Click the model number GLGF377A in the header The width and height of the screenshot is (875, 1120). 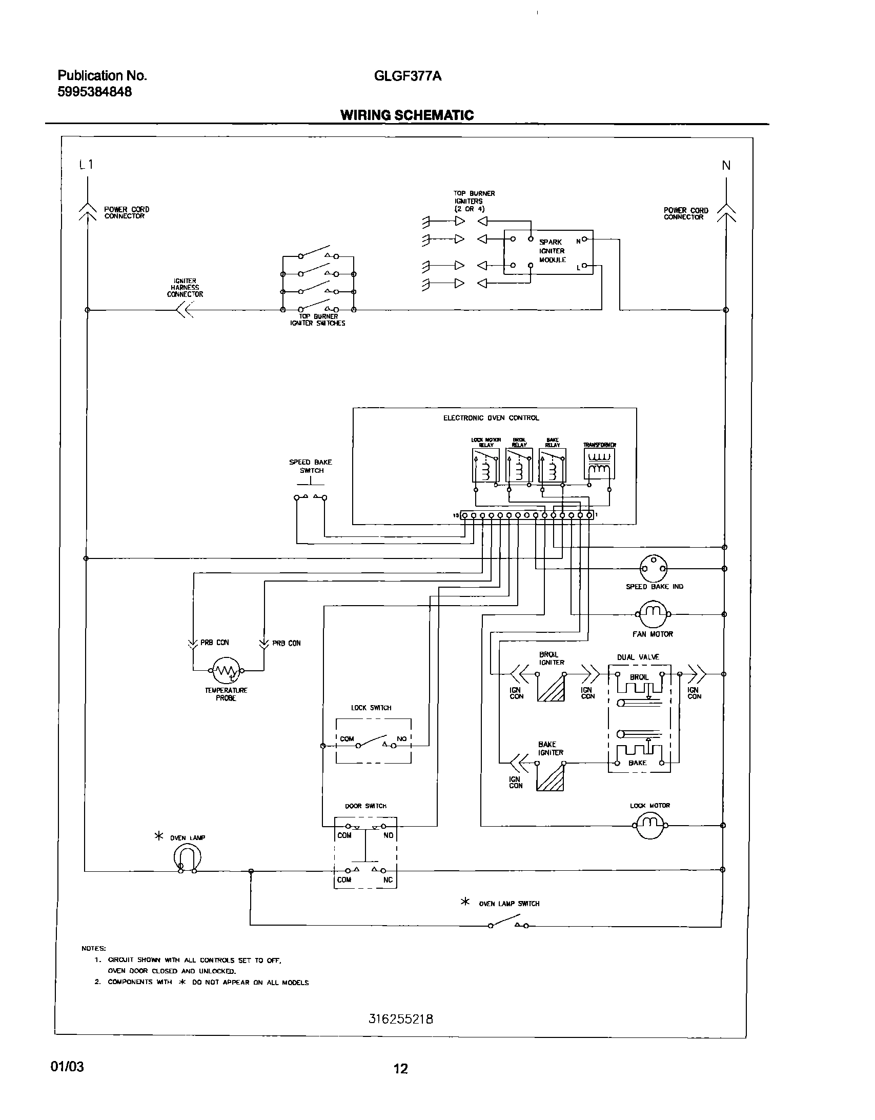(408, 76)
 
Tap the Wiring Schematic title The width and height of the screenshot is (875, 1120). (407, 115)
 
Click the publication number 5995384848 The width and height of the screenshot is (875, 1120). (94, 92)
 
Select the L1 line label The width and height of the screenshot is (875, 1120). (86, 165)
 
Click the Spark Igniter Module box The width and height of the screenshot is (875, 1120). (548, 252)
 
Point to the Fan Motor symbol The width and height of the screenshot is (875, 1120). (653, 614)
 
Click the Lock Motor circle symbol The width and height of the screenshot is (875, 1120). (650, 825)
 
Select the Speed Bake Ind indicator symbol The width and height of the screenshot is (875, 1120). (654, 568)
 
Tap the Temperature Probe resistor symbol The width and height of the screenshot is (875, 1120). (226, 670)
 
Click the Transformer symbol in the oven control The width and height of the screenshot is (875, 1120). (599, 464)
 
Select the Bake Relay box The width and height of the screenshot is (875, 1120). (552, 465)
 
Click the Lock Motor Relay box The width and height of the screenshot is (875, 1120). (485, 465)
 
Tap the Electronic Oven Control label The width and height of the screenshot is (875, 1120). (491, 418)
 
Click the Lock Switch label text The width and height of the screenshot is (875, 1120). (371, 708)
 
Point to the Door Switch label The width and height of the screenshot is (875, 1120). (365, 806)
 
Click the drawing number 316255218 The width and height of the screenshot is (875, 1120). (401, 1019)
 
